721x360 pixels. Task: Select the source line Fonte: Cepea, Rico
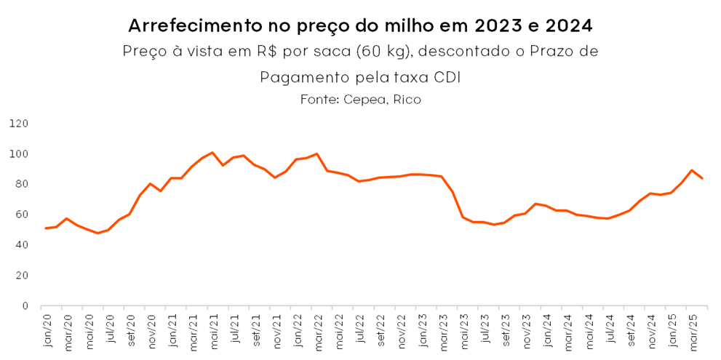[360, 100]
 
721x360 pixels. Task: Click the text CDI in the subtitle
[447, 76]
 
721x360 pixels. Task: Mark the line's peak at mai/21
[212, 153]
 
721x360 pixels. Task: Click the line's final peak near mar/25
[691, 170]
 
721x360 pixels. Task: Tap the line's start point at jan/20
[46, 228]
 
